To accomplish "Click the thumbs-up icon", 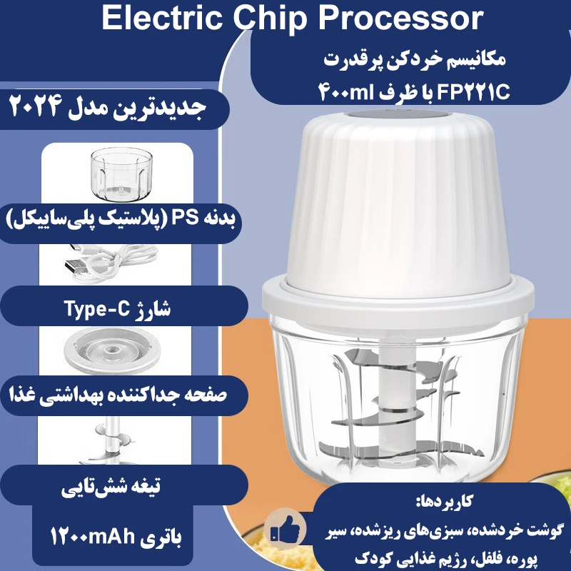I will click(283, 530).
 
